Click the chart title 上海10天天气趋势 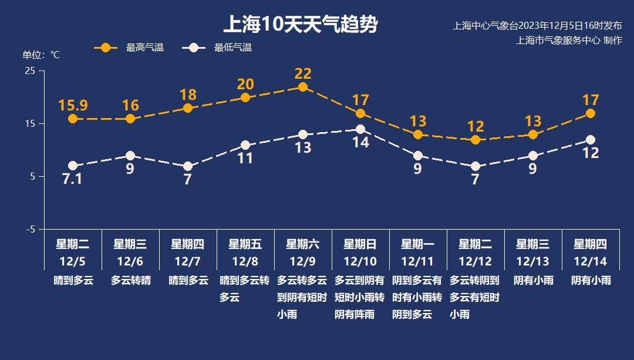300,25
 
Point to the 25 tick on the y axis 30,71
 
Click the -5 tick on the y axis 30,229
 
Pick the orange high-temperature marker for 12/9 303,87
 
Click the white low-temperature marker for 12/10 360,129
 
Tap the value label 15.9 73,106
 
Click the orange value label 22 303,74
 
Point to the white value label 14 360,142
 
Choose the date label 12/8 245,261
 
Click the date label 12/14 591,261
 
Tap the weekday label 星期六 303,244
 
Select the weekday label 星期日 360,244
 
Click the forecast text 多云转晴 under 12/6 130,281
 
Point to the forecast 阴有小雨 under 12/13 533,281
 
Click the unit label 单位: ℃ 41,55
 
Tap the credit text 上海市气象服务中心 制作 568,41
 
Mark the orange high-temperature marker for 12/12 475,140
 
